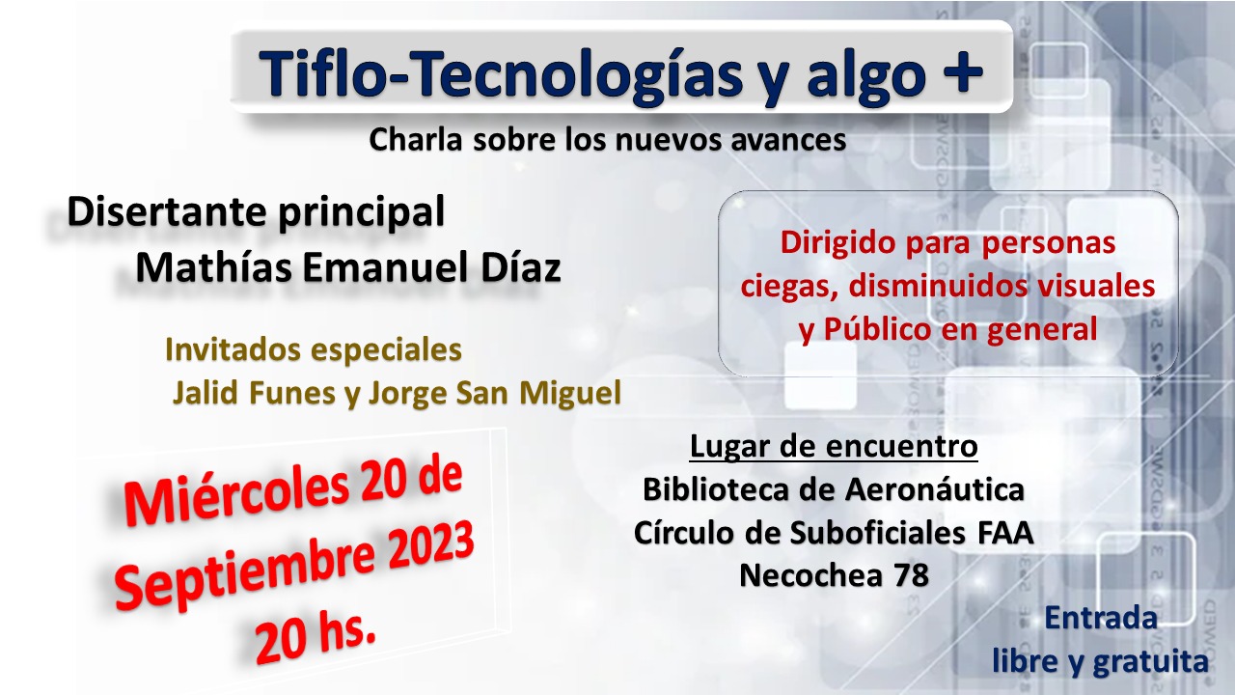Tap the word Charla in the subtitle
[x=416, y=140]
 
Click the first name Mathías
[x=214, y=267]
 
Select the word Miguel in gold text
[x=570, y=393]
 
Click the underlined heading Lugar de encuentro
[x=834, y=446]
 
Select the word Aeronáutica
[x=935, y=489]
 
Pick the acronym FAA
[x=1005, y=533]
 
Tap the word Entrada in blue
[x=1101, y=619]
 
